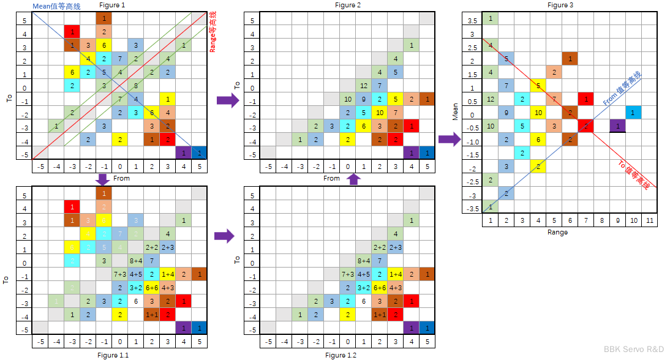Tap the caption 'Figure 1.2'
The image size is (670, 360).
(x=341, y=354)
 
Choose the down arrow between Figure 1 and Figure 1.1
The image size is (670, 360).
(x=103, y=180)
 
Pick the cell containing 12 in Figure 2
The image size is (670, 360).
(x=364, y=86)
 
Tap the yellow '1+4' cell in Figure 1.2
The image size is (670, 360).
(x=396, y=274)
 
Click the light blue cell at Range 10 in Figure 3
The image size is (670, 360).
(x=633, y=113)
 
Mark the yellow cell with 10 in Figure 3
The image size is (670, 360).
(x=538, y=113)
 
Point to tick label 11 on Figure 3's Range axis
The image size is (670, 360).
(x=649, y=220)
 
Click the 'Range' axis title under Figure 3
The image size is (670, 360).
(x=558, y=232)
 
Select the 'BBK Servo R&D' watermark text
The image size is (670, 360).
(x=634, y=349)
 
